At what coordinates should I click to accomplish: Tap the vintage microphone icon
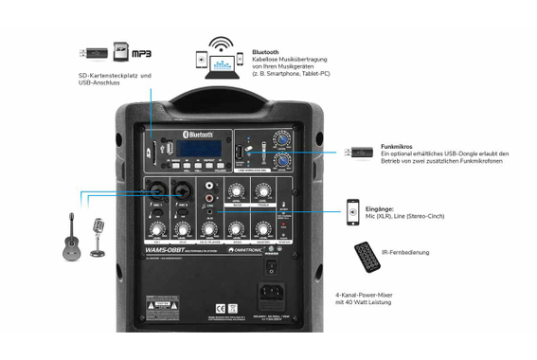pyautogui.click(x=97, y=237)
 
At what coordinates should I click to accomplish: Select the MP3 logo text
pyautogui.click(x=140, y=53)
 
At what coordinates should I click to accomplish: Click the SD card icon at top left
pyautogui.click(x=120, y=51)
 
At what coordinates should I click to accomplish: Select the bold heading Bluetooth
pyautogui.click(x=265, y=52)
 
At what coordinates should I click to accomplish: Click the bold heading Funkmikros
pyautogui.click(x=397, y=146)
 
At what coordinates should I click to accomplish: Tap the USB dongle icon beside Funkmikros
pyautogui.click(x=358, y=152)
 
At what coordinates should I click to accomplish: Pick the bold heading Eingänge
pyautogui.click(x=392, y=207)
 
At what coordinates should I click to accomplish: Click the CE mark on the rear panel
pyautogui.click(x=220, y=308)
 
